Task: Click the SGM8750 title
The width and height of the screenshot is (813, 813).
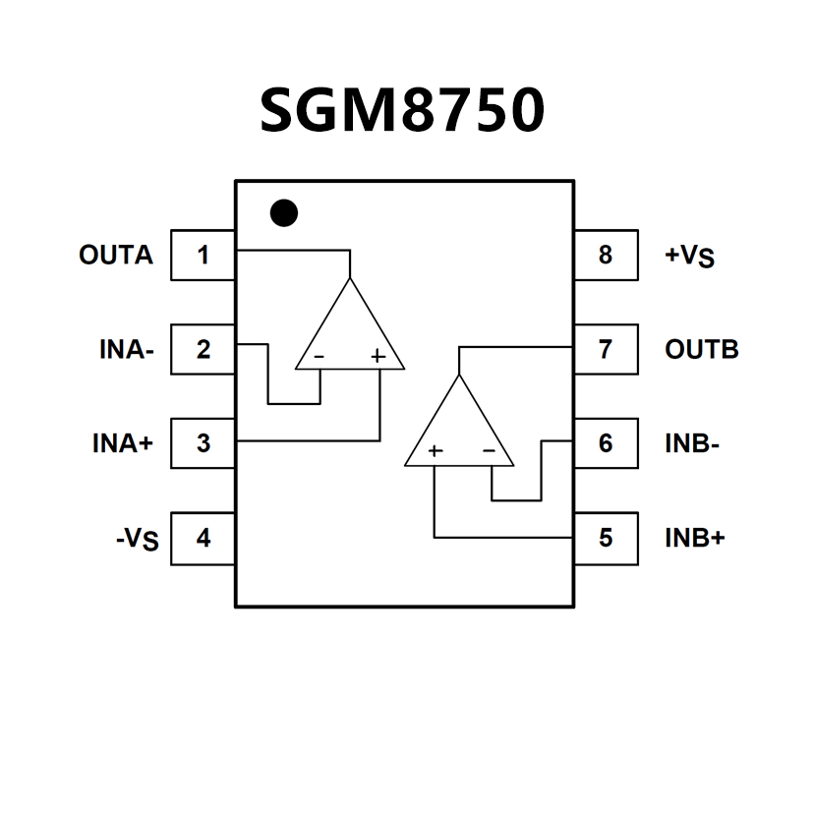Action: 402,110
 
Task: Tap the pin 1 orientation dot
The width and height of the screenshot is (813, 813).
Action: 284,212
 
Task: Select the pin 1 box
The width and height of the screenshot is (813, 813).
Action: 203,256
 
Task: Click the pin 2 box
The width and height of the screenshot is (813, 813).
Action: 203,349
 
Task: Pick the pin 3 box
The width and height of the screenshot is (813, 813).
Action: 203,443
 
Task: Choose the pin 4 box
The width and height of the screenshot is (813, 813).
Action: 203,539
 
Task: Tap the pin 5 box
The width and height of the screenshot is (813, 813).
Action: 606,539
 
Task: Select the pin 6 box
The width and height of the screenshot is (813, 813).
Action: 606,443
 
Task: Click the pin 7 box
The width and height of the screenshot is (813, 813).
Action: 606,349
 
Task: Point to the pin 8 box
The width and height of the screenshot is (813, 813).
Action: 606,256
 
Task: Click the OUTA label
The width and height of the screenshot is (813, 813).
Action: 116,256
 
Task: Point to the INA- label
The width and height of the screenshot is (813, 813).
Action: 127,349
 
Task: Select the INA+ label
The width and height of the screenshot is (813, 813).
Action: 123,443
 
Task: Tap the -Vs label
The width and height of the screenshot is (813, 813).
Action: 138,540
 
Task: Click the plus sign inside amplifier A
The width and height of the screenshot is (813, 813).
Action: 378,357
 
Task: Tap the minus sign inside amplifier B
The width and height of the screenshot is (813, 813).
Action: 490,451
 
